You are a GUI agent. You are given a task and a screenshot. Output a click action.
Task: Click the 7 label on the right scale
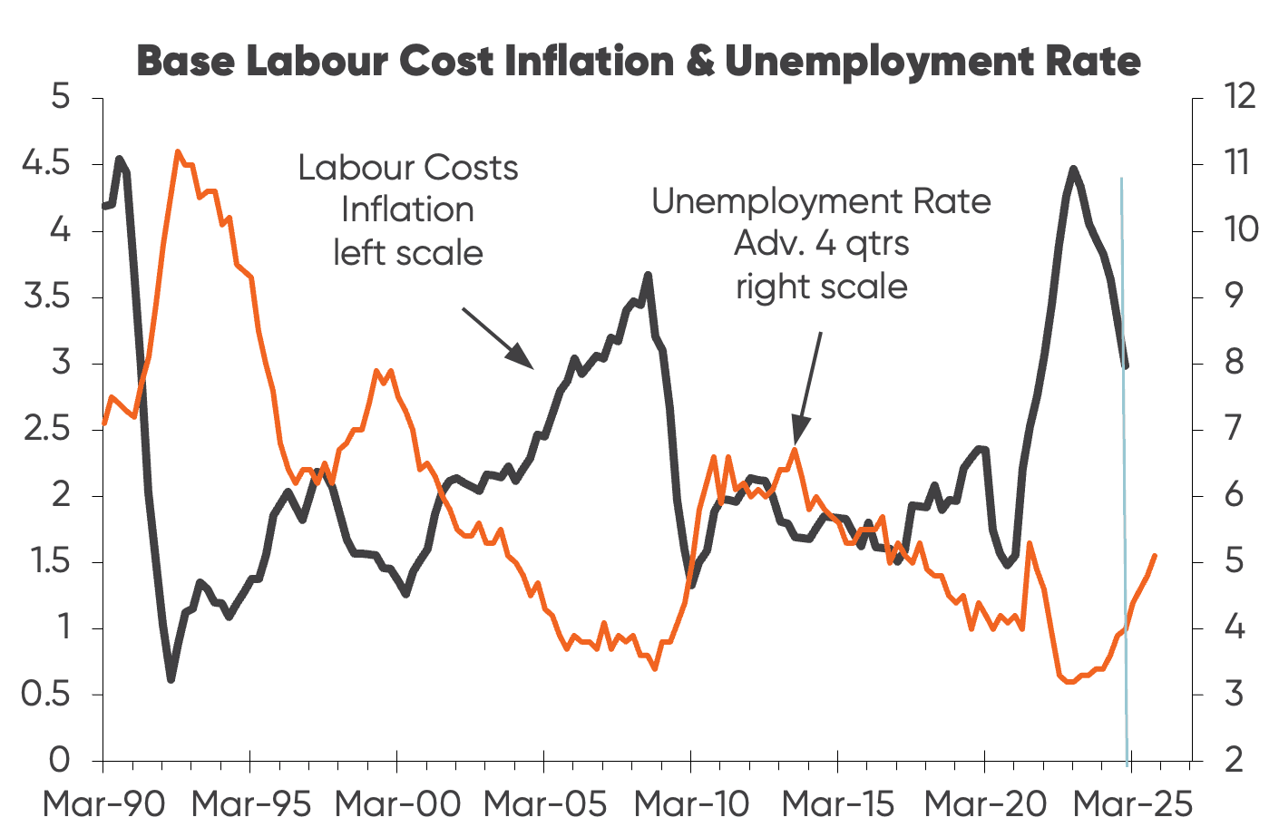(1235, 429)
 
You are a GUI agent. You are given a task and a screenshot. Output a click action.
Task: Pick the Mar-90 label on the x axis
(104, 803)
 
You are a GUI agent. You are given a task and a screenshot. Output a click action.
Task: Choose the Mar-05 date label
(545, 803)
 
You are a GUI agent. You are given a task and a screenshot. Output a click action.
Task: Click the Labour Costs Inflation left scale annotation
(408, 209)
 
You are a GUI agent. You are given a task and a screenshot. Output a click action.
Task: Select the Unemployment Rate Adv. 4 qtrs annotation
(821, 243)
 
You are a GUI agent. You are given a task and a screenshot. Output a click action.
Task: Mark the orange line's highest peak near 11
(178, 151)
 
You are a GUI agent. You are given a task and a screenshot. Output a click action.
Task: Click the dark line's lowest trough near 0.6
(171, 678)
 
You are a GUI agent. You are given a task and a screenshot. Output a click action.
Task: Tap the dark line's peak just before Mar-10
(648, 275)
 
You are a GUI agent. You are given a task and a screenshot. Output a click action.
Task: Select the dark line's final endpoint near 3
(1126, 365)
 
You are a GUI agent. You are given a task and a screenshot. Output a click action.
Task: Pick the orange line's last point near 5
(1155, 555)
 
